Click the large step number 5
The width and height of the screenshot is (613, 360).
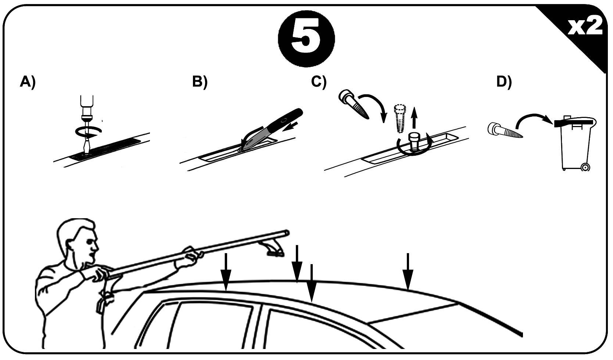306,39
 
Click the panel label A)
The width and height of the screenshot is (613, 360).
28,82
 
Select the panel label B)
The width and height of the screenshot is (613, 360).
200,82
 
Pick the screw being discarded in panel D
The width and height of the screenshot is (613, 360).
505,131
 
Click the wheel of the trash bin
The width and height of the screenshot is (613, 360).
585,167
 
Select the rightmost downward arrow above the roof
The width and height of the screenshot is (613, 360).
408,271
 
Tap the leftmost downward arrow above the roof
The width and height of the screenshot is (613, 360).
226,271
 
